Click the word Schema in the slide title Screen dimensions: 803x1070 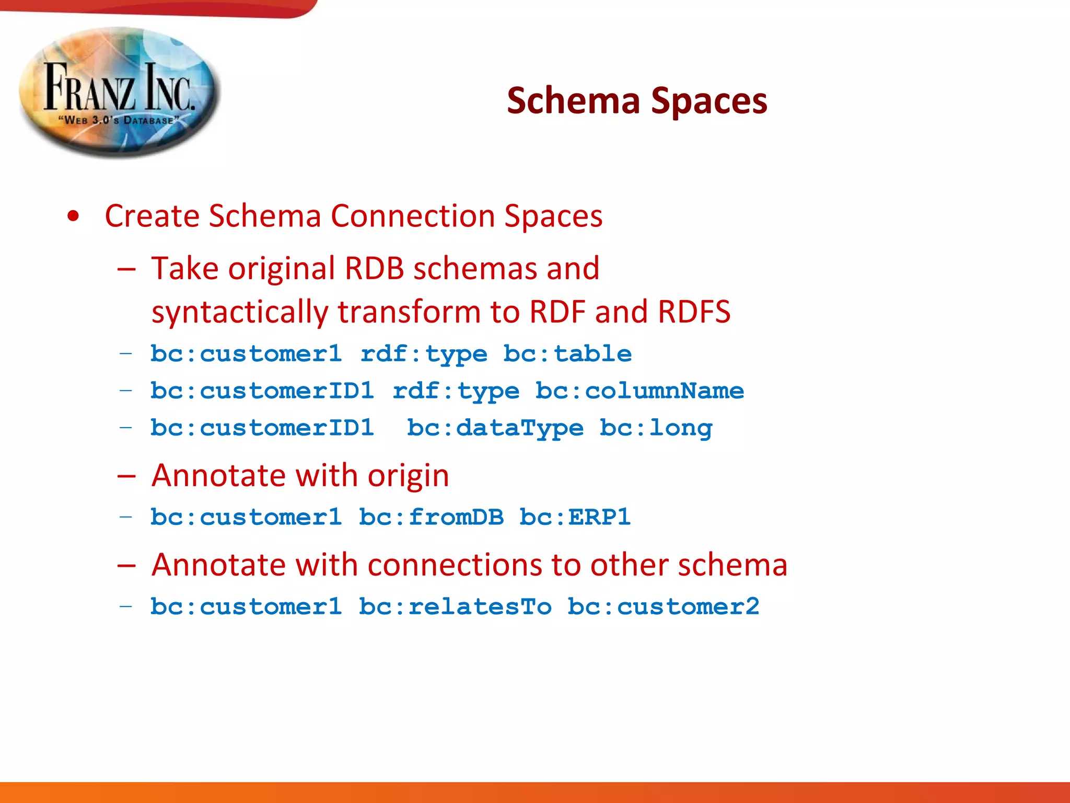click(573, 100)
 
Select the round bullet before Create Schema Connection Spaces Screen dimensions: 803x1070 click(74, 216)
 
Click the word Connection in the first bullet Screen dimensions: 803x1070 click(413, 216)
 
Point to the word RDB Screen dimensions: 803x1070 click(374, 269)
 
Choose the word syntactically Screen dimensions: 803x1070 click(240, 312)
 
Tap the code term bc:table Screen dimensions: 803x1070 click(567, 354)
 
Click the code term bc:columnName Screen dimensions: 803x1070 click(639, 391)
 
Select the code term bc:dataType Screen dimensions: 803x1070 click(495, 428)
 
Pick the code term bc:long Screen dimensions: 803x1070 click(656, 428)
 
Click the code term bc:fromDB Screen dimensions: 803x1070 click(431, 517)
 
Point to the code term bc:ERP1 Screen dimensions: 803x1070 click(575, 517)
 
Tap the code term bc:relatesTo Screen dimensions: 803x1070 click(455, 606)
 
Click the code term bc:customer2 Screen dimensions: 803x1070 click(663, 606)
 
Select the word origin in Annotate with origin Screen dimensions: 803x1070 click(408, 476)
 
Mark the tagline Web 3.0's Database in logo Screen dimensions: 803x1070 click(119, 120)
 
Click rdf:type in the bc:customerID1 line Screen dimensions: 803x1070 click(456, 391)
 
